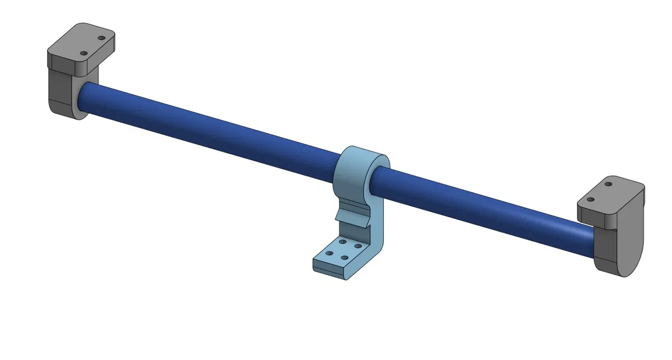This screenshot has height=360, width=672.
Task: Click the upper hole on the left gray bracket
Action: coord(101,38)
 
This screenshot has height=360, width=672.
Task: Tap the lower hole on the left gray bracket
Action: coord(85,54)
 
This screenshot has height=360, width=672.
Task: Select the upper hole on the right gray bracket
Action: coord(609,185)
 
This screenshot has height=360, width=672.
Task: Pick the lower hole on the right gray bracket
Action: coord(590,200)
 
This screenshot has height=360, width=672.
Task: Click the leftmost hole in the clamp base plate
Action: coord(329,252)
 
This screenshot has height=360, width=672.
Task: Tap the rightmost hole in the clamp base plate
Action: coord(358,246)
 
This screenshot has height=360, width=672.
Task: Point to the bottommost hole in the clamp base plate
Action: coord(344,257)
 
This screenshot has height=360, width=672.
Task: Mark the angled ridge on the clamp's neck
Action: coord(352,218)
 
